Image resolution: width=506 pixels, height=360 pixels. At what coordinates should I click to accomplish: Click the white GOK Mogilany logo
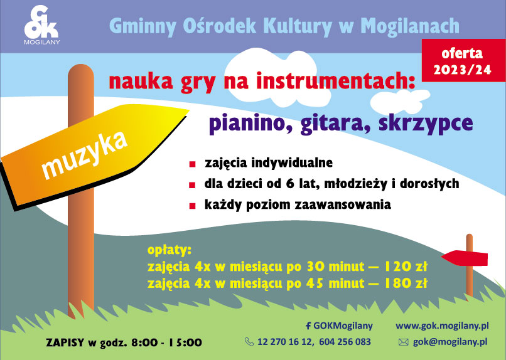pyautogui.click(x=42, y=25)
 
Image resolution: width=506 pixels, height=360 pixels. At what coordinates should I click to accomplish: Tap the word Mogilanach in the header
pyautogui.click(x=410, y=26)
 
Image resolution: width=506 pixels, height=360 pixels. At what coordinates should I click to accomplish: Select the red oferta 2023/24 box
pyautogui.click(x=463, y=60)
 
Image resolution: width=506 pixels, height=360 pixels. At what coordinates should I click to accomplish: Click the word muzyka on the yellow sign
pyautogui.click(x=85, y=155)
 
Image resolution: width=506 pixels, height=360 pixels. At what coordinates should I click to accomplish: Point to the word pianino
pyautogui.click(x=250, y=124)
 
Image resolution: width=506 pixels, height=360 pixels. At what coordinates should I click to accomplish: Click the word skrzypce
pyautogui.click(x=426, y=124)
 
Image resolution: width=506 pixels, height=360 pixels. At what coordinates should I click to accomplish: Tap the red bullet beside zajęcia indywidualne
pyautogui.click(x=192, y=164)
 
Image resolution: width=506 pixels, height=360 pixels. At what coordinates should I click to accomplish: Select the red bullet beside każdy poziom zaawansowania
pyautogui.click(x=192, y=206)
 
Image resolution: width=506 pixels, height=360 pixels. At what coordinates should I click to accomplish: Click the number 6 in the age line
pyautogui.click(x=289, y=183)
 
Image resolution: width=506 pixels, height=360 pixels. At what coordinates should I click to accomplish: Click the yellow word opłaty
pyautogui.click(x=170, y=250)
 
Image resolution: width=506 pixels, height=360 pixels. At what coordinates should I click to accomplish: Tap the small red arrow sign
pyautogui.click(x=465, y=258)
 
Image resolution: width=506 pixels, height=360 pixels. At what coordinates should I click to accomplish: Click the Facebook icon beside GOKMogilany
pyautogui.click(x=308, y=326)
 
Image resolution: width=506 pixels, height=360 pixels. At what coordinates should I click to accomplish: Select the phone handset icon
pyautogui.click(x=249, y=342)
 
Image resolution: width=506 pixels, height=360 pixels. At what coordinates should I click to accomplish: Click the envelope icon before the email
pyautogui.click(x=404, y=342)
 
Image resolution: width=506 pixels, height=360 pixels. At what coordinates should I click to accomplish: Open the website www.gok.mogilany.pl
pyautogui.click(x=442, y=326)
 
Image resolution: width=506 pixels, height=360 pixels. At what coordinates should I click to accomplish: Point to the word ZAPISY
pyautogui.click(x=65, y=342)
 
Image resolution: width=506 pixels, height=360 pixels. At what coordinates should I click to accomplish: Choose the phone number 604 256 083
pyautogui.click(x=345, y=342)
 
